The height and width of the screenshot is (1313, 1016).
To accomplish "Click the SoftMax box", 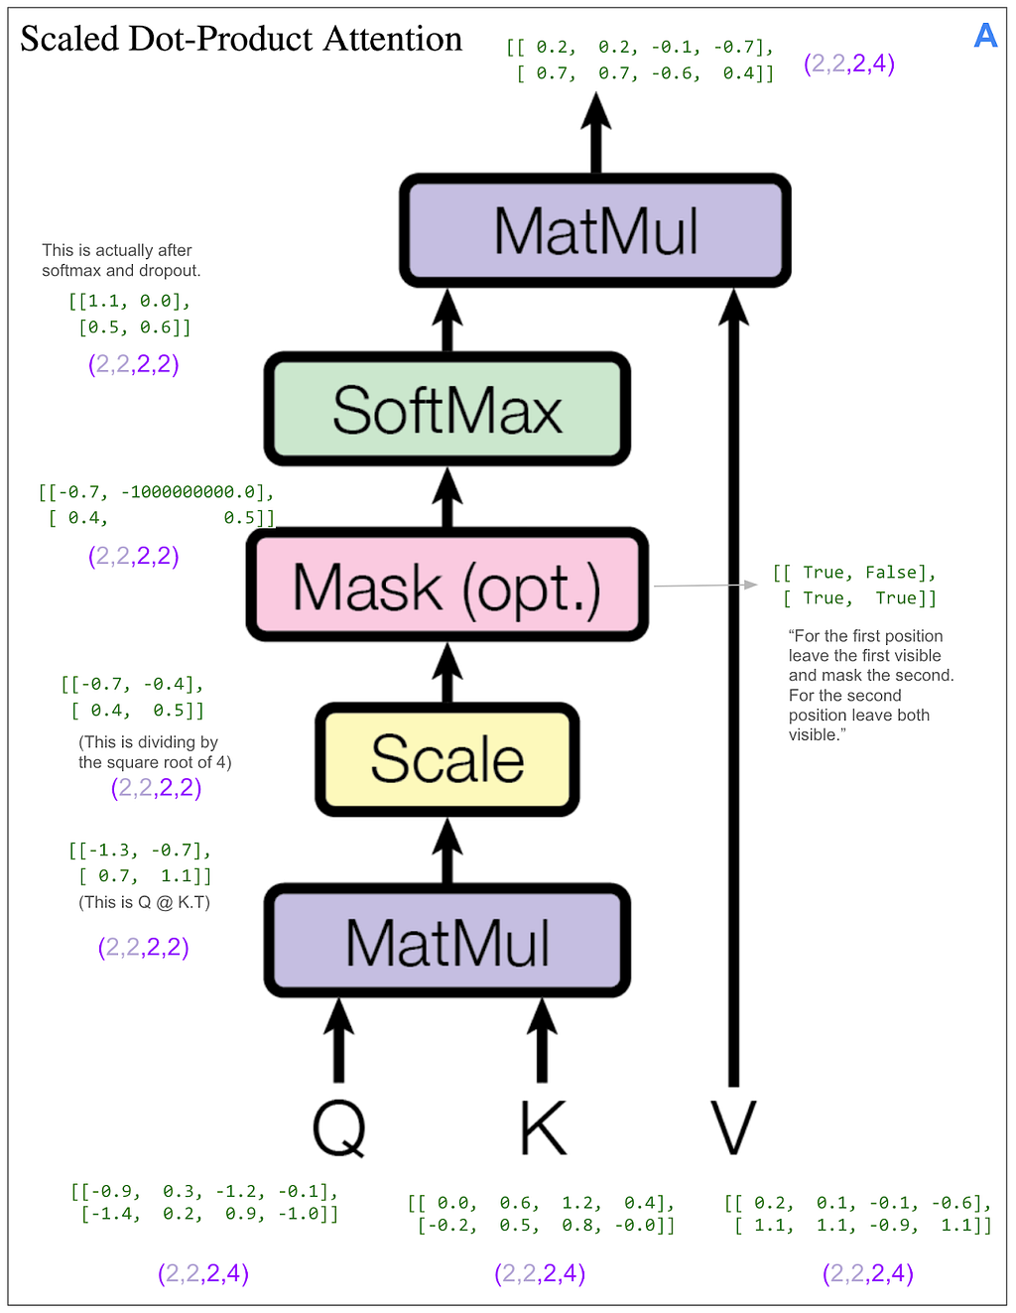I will click(447, 409).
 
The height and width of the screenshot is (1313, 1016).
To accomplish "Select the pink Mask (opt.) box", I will click(447, 586).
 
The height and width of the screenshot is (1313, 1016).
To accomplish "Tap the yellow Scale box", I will click(447, 759).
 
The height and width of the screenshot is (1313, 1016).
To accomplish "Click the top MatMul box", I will click(595, 231).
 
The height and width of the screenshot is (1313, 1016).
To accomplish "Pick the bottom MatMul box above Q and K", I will click(447, 941).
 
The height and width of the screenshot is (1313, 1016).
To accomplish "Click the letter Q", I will click(339, 1128).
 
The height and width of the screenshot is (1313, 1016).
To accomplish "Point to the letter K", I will click(543, 1128).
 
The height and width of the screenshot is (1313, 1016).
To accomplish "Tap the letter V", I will click(734, 1128).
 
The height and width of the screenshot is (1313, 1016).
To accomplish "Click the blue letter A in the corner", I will click(985, 36).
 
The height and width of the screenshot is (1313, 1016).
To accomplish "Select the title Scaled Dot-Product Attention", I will click(241, 39).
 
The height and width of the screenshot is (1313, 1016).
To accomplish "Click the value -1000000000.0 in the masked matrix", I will click(188, 492).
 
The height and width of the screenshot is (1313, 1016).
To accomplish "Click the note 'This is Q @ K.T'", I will click(145, 902).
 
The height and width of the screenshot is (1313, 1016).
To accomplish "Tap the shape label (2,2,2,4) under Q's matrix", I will click(203, 1273).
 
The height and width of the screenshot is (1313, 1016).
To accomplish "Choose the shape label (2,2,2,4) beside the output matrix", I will click(849, 64).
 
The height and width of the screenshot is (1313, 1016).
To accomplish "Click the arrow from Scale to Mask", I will click(447, 673).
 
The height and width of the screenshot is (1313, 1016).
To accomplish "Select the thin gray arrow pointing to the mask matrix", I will click(704, 586).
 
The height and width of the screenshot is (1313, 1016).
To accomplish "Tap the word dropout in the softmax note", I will click(171, 270).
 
